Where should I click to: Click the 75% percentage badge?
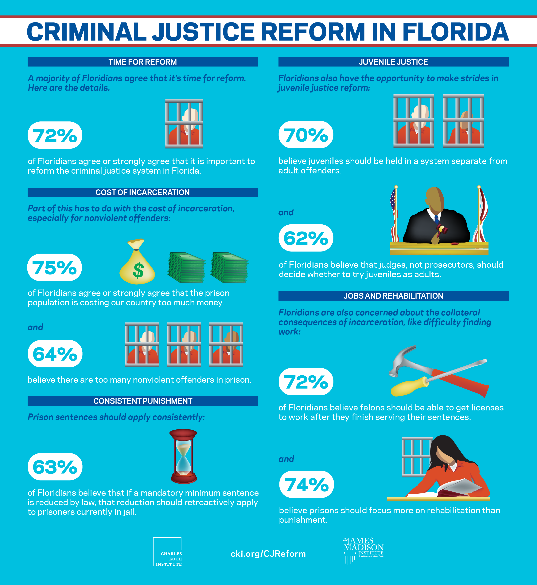55,267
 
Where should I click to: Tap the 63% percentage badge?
55,467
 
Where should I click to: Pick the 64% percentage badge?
55,354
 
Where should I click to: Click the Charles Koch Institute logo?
167,551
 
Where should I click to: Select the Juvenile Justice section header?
393,62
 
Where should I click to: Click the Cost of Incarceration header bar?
142,192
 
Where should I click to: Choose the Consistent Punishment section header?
142,401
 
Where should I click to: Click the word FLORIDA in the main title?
455,32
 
